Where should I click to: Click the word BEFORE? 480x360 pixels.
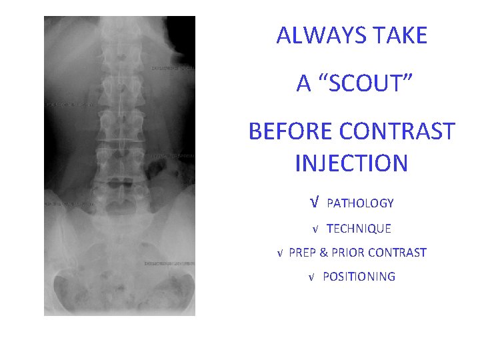click(291, 131)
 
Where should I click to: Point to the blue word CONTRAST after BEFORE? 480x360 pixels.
click(397, 131)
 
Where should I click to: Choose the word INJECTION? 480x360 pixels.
click(351, 163)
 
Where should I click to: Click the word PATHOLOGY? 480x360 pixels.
click(360, 203)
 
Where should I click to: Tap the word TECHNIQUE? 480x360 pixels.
click(359, 229)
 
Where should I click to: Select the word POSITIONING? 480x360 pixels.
click(359, 277)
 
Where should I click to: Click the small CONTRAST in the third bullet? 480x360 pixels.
click(397, 253)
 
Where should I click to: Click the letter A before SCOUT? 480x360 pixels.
click(304, 83)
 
